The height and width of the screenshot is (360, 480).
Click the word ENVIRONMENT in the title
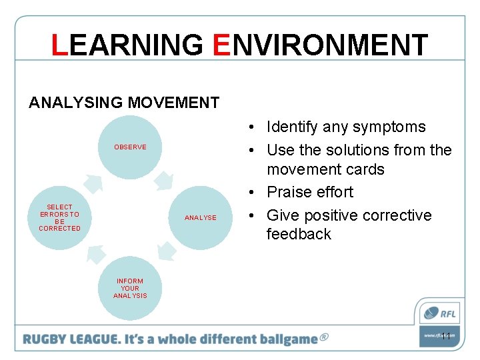pyautogui.click(x=321, y=45)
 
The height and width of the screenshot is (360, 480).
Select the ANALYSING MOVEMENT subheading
pyautogui.click(x=124, y=103)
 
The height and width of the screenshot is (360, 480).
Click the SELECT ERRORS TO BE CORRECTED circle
pyautogui.click(x=59, y=217)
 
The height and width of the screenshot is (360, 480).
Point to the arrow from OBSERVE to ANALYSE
pyautogui.click(x=165, y=181)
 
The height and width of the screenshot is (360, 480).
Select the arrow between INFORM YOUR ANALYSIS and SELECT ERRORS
pyautogui.click(x=95, y=253)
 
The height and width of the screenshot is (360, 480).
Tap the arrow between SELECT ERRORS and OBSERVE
pyautogui.click(x=93, y=181)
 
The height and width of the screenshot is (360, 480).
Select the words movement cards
pyautogui.click(x=325, y=169)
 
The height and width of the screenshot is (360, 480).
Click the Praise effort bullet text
pyautogui.click(x=310, y=192)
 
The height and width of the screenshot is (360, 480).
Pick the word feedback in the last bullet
pyautogui.click(x=299, y=234)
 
